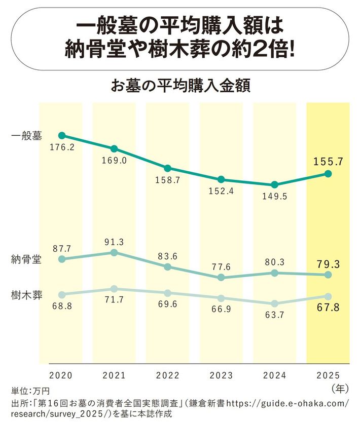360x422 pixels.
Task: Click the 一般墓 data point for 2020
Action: (62, 135)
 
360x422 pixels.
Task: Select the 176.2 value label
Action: (62, 147)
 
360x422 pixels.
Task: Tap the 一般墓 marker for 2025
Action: (328, 174)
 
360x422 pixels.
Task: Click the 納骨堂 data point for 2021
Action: (114, 252)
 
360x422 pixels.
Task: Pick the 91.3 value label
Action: (115, 241)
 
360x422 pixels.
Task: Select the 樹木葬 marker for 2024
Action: (274, 303)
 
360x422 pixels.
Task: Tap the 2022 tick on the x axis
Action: (168, 375)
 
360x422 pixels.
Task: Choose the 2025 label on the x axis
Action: (328, 375)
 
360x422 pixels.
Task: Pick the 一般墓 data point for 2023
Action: (221, 179)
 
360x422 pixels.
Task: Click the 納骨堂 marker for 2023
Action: (221, 278)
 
